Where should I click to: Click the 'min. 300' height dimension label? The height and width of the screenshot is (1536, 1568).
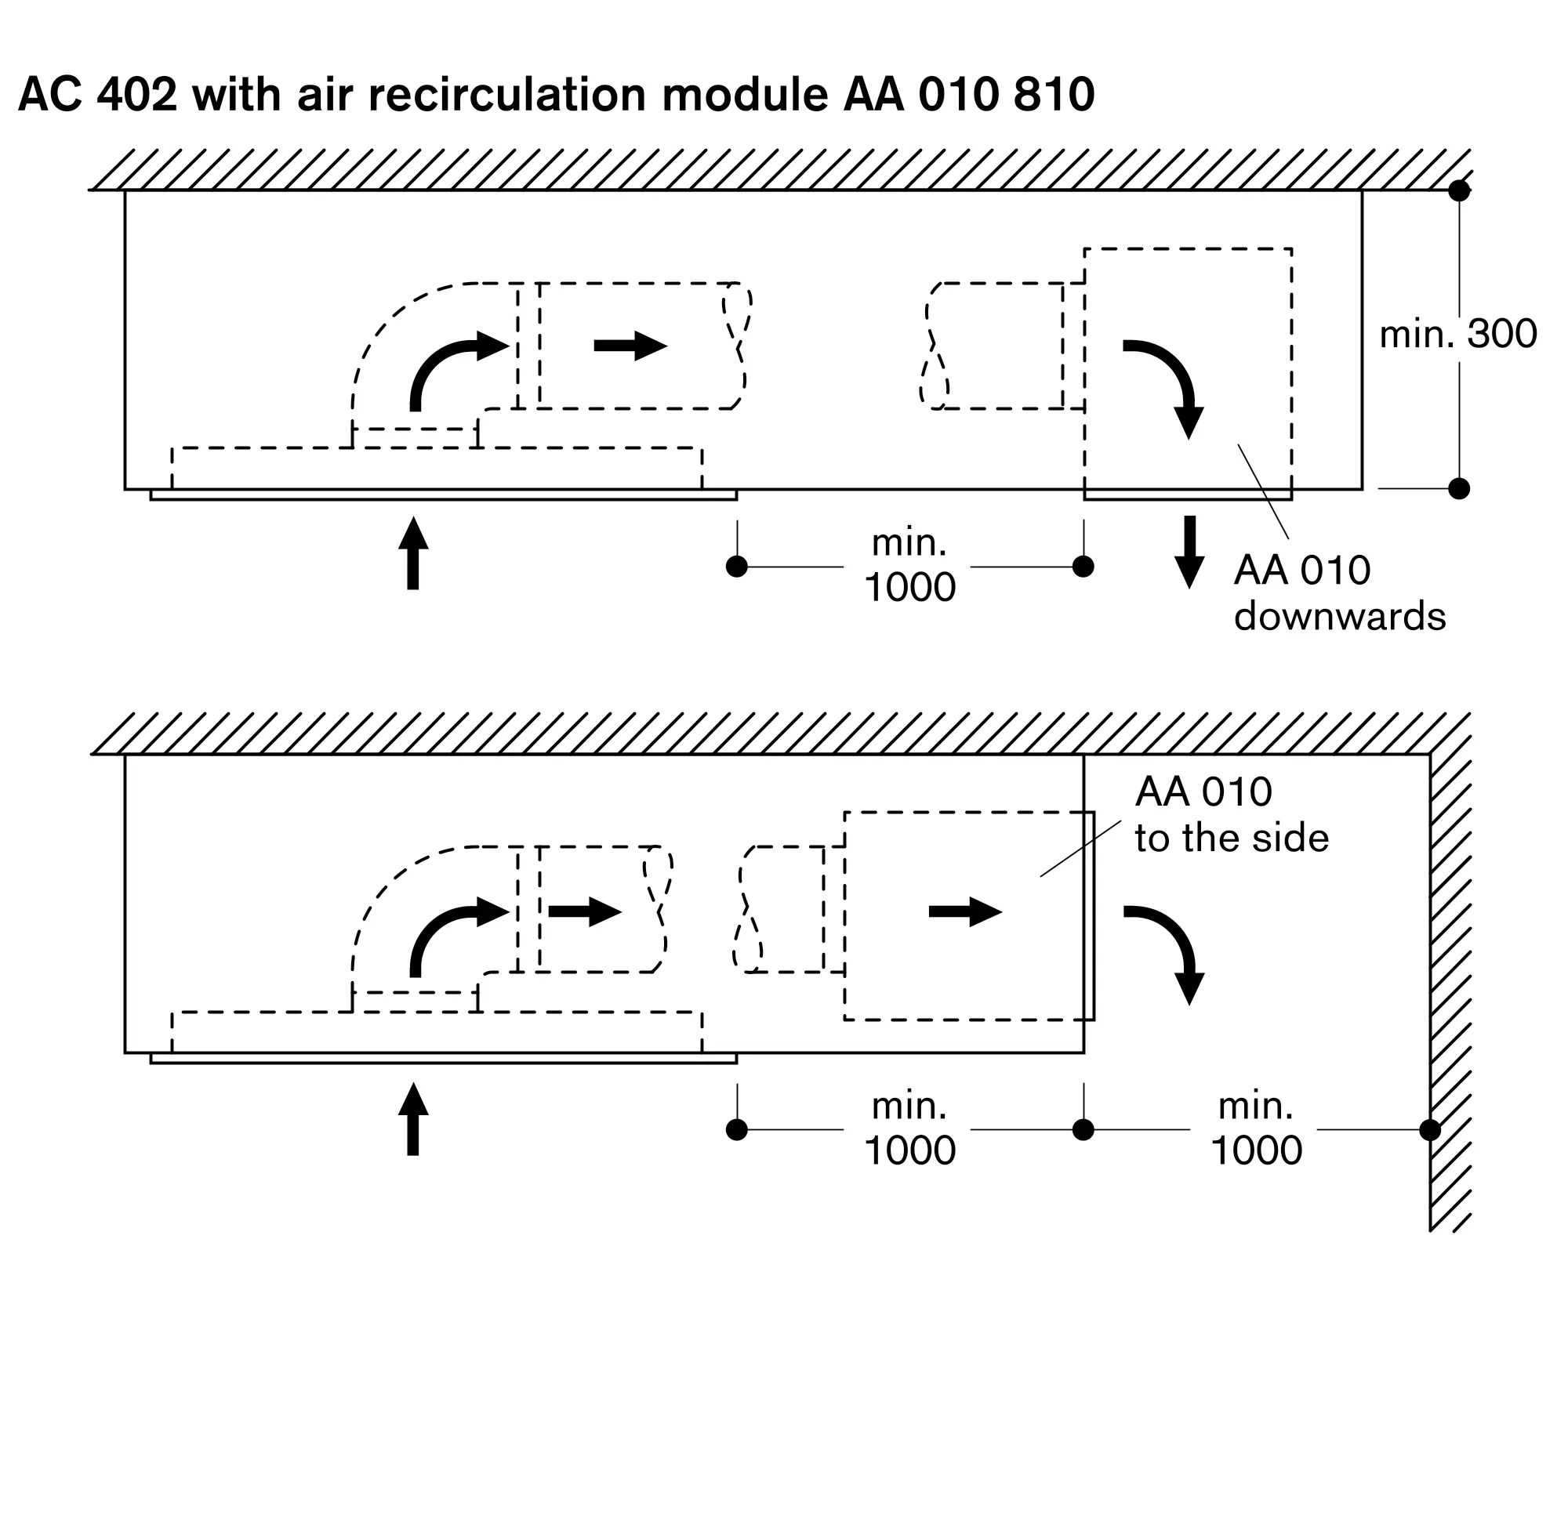pyautogui.click(x=1457, y=334)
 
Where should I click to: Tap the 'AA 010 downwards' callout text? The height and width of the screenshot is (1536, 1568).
pyautogui.click(x=1339, y=594)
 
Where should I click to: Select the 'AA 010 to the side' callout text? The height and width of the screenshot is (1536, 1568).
pyautogui.click(x=1231, y=815)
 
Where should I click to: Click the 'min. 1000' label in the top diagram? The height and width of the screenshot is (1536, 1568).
pyautogui.click(x=909, y=566)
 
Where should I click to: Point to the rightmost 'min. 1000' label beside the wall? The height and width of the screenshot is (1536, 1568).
pyautogui.click(x=1256, y=1128)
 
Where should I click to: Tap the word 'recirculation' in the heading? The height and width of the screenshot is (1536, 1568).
pyautogui.click(x=506, y=94)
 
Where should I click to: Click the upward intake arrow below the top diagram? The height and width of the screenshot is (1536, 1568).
pyautogui.click(x=413, y=554)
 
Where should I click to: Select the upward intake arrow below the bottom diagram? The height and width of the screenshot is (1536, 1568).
pyautogui.click(x=413, y=1120)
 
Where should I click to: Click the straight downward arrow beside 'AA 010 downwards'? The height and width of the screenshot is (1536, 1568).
pyautogui.click(x=1189, y=552)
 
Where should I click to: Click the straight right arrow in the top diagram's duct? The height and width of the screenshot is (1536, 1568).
pyautogui.click(x=630, y=346)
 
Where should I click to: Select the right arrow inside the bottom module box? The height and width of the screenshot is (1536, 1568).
pyautogui.click(x=965, y=911)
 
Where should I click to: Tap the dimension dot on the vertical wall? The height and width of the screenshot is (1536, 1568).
pyautogui.click(x=1430, y=1130)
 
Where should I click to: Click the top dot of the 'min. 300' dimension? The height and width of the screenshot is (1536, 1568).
pyautogui.click(x=1459, y=191)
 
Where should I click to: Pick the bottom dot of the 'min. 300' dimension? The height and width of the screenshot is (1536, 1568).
pyautogui.click(x=1459, y=489)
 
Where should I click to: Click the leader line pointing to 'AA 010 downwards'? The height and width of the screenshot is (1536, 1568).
pyautogui.click(x=1263, y=491)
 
